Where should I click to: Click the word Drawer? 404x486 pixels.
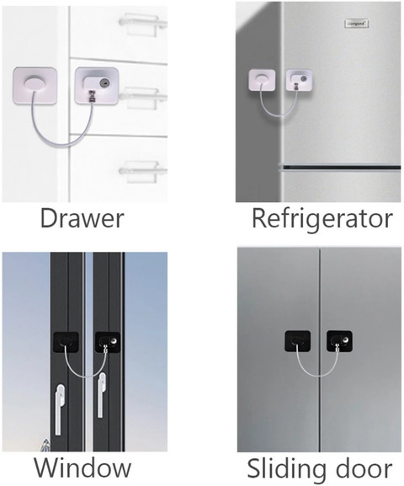82,219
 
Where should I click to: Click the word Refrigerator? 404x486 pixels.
322,220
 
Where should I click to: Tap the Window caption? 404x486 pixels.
82,467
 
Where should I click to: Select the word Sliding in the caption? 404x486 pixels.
282,469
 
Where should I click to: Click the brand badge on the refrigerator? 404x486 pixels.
356,24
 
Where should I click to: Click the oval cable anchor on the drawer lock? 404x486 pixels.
35,84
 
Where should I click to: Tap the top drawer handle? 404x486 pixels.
142,22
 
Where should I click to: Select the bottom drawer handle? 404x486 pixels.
142,170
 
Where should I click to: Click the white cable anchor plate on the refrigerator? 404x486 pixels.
262,81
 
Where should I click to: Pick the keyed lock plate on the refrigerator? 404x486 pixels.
299,81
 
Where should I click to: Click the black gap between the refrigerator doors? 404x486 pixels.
341,168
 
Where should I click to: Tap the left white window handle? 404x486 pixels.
60,409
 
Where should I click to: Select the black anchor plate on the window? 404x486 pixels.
66,342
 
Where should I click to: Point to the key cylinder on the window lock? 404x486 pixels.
115,340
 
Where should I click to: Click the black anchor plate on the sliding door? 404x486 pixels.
297,341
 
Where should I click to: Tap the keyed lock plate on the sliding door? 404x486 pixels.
339,341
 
